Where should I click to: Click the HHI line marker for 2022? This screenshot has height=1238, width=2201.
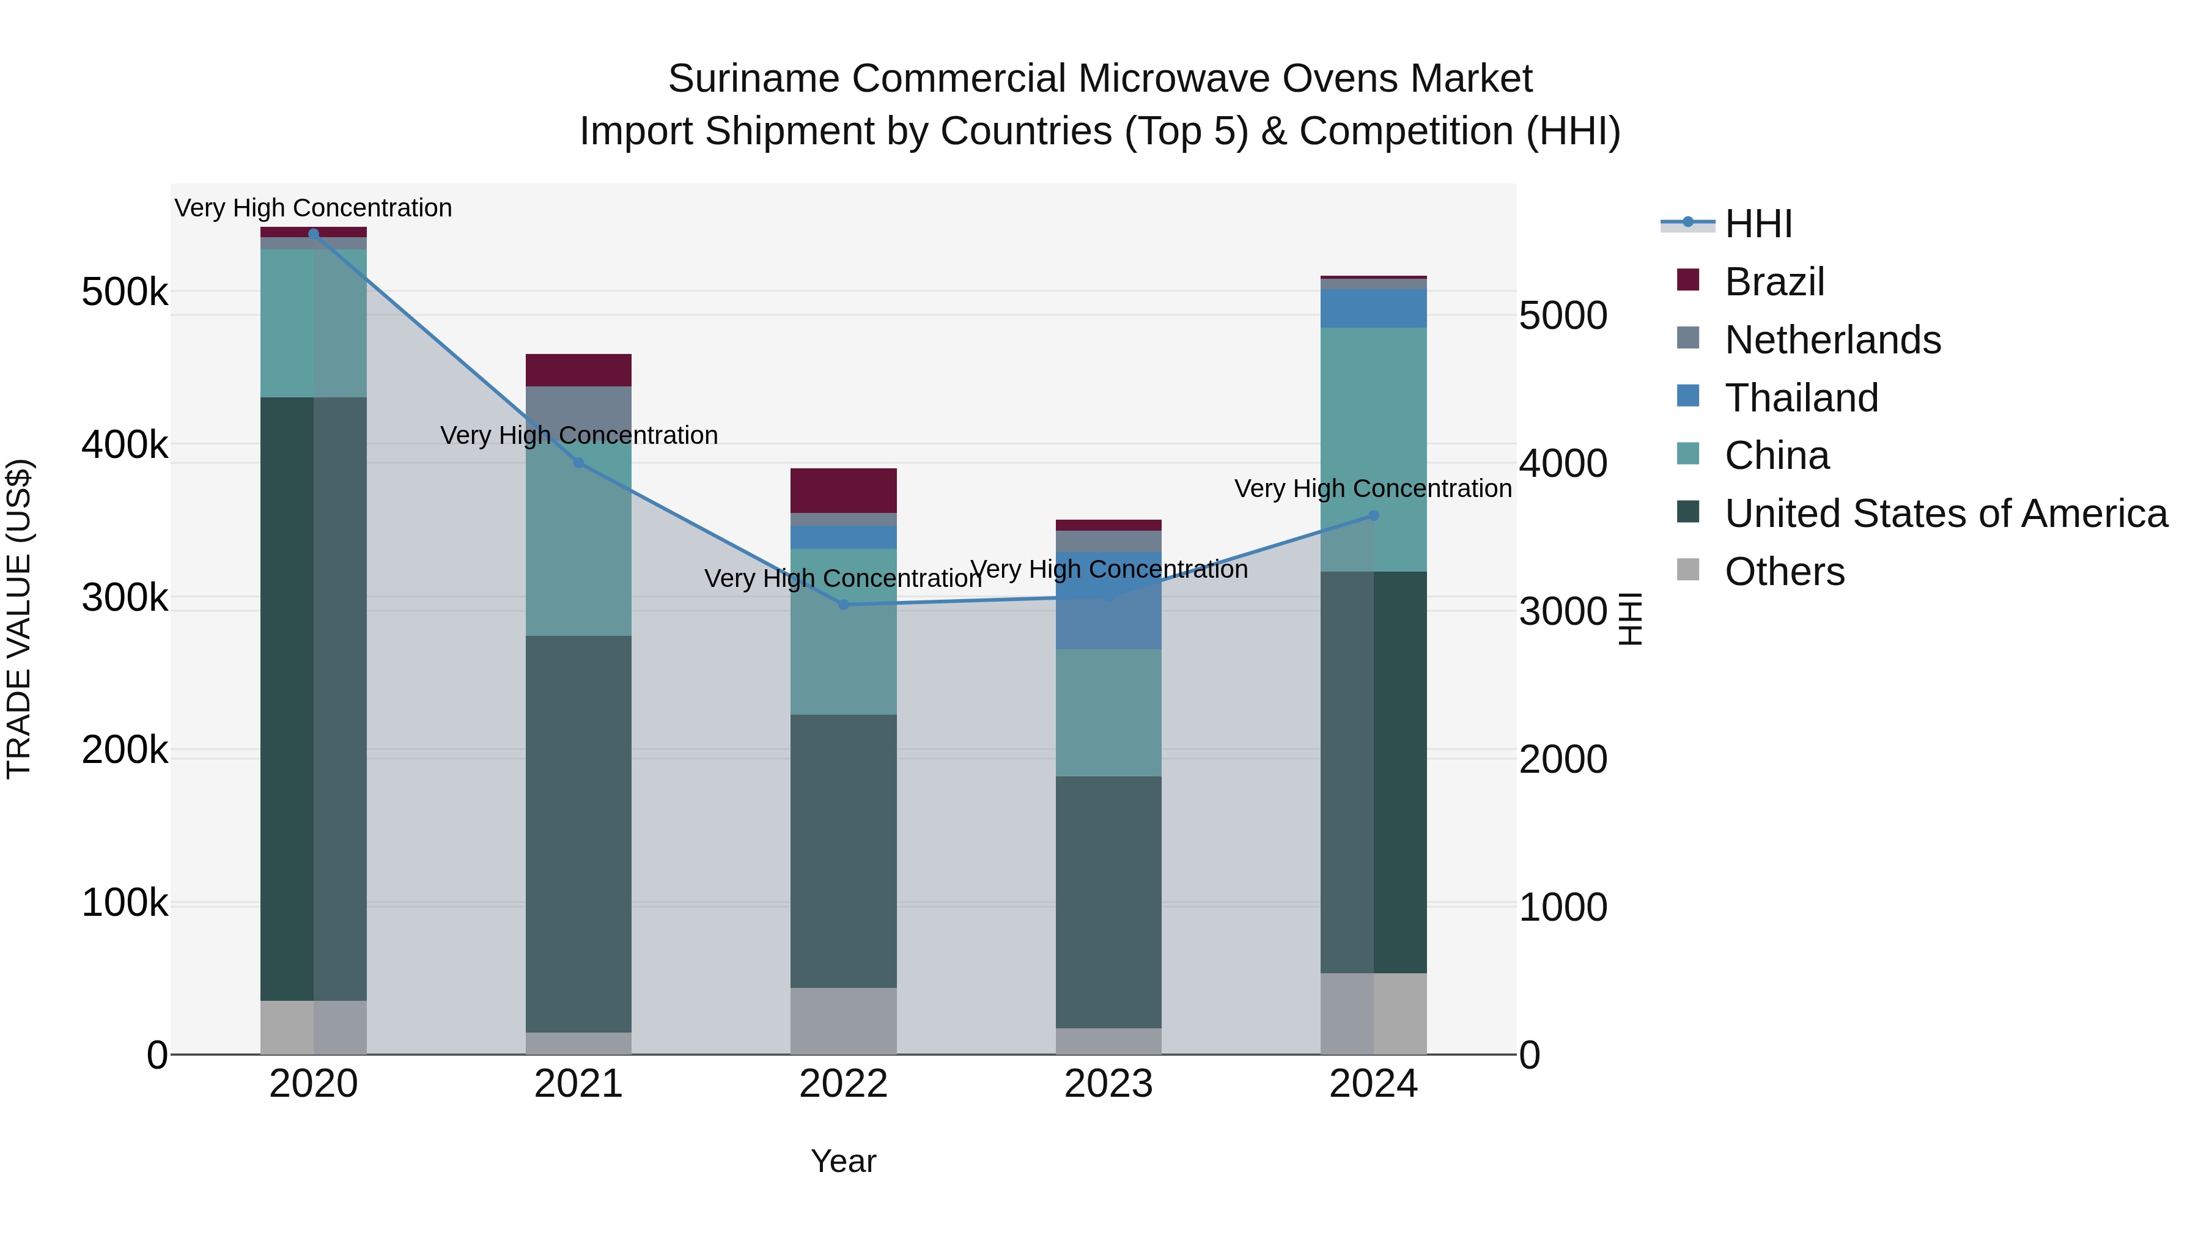843,604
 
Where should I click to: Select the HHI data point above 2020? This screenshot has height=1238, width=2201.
314,234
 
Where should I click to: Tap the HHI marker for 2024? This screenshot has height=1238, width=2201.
1374,515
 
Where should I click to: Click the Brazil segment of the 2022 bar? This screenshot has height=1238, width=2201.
843,490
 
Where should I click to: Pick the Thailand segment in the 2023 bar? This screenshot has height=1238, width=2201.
1108,600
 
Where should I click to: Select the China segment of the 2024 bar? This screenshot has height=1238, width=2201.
1374,449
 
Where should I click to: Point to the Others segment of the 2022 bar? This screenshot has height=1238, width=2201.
843,1020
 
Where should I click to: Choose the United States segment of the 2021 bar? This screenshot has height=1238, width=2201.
578,833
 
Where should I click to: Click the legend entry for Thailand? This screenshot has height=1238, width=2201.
1801,398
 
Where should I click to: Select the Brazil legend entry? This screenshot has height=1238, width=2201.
1774,282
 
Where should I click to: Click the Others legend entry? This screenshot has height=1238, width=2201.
1784,572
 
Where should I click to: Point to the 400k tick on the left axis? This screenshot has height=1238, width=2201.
125,444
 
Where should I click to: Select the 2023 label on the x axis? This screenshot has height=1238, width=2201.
1108,1084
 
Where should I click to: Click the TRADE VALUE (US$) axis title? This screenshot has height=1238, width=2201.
19,619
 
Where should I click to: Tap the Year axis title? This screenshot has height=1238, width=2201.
843,1161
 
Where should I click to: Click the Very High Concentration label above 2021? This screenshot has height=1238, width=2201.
578,436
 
